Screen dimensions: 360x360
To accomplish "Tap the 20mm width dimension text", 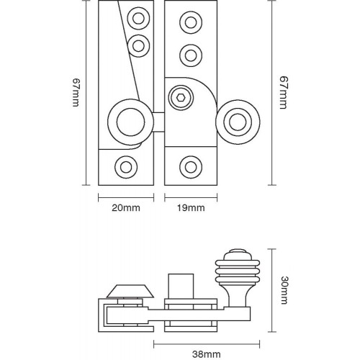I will pos(127,208).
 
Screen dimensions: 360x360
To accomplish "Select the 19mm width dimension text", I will pos(191,208).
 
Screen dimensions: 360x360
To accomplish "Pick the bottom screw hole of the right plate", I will pos(190,163).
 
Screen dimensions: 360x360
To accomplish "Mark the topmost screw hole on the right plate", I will pos(191,22).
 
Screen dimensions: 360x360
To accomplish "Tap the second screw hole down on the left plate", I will pos(138,45).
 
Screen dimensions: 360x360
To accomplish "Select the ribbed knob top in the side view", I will pos(238,266).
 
